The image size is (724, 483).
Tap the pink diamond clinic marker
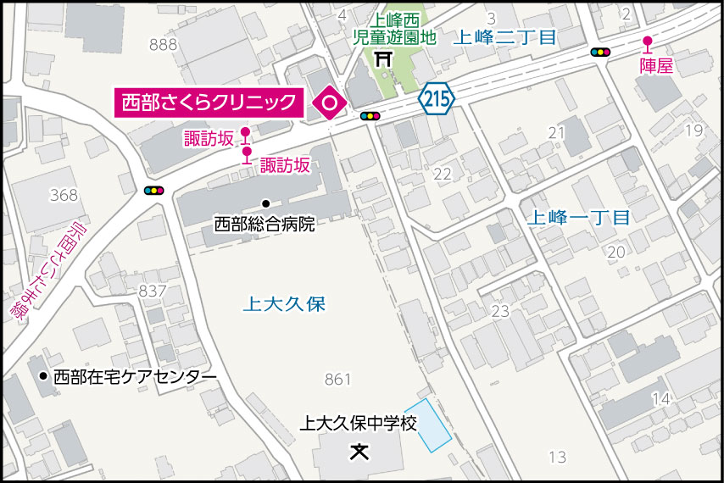328,103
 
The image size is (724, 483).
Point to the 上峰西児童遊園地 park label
394,31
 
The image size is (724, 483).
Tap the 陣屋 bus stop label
655,65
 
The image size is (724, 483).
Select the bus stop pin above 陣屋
648,43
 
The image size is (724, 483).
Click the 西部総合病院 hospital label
265,225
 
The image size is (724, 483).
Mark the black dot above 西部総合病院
265,203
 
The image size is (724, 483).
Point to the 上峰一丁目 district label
578,217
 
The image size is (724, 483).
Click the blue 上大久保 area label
284,304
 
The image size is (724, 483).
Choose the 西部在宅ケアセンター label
135,377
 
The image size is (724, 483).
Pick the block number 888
162,45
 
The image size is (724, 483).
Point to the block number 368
64,195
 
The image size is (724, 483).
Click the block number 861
337,380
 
